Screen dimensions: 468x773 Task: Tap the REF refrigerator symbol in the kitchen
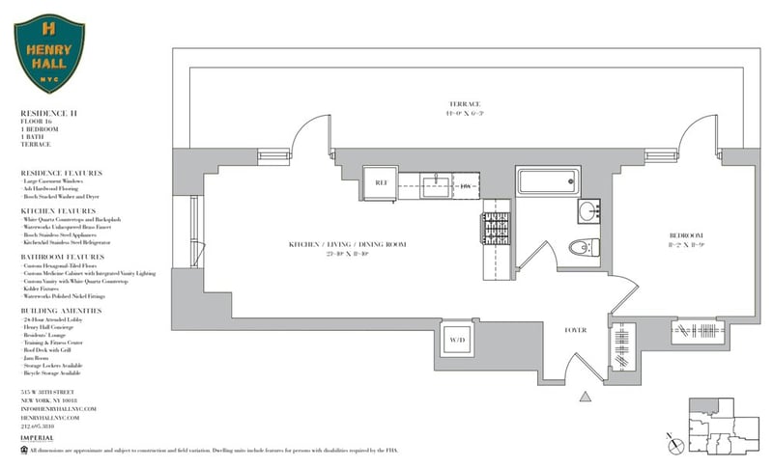pos(380,183)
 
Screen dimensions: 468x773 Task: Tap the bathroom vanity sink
pos(588,211)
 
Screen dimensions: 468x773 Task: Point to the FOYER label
pos(577,331)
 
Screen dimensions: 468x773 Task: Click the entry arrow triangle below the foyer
pos(583,395)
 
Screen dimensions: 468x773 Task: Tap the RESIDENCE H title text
pos(49,114)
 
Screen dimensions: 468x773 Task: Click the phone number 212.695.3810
pos(45,425)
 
